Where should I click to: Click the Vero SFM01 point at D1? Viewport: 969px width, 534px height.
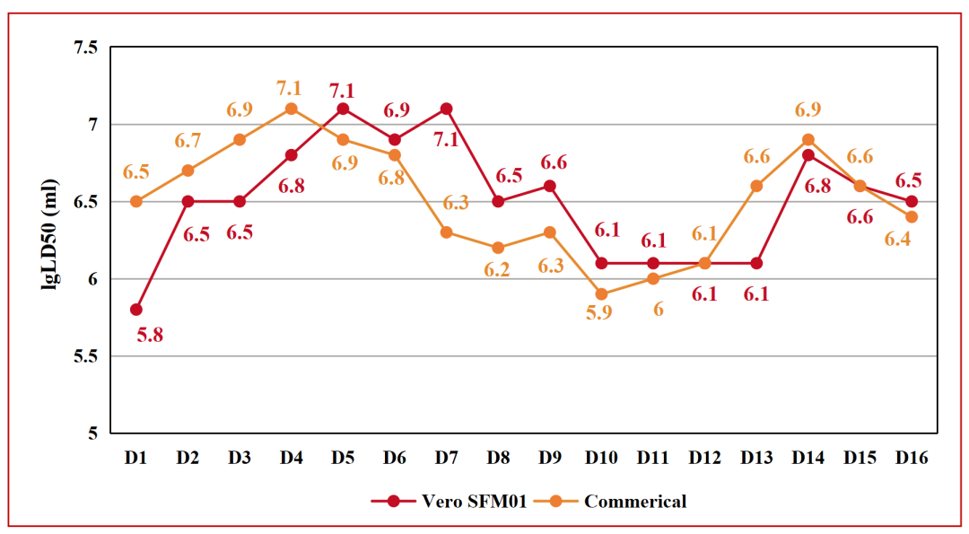(135, 310)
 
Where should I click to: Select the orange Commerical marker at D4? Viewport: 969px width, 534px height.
(291, 109)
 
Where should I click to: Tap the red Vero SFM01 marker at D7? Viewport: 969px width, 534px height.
(446, 109)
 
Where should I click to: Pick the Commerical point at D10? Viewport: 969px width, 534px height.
(601, 294)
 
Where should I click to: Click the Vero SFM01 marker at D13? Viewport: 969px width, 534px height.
(756, 263)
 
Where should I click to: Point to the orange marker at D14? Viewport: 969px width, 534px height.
(807, 140)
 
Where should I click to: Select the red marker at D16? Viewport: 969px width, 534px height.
(912, 201)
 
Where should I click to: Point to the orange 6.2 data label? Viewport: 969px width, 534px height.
(497, 270)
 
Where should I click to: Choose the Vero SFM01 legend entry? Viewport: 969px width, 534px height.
(462, 501)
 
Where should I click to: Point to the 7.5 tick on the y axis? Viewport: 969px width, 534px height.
(84, 48)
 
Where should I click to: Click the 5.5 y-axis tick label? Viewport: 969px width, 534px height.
(84, 357)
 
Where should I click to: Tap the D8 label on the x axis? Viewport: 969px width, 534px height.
(497, 458)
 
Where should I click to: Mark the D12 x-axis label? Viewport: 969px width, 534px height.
(704, 458)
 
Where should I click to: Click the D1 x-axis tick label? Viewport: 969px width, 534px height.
(135, 458)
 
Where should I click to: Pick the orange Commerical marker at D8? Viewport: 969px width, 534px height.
(498, 248)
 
